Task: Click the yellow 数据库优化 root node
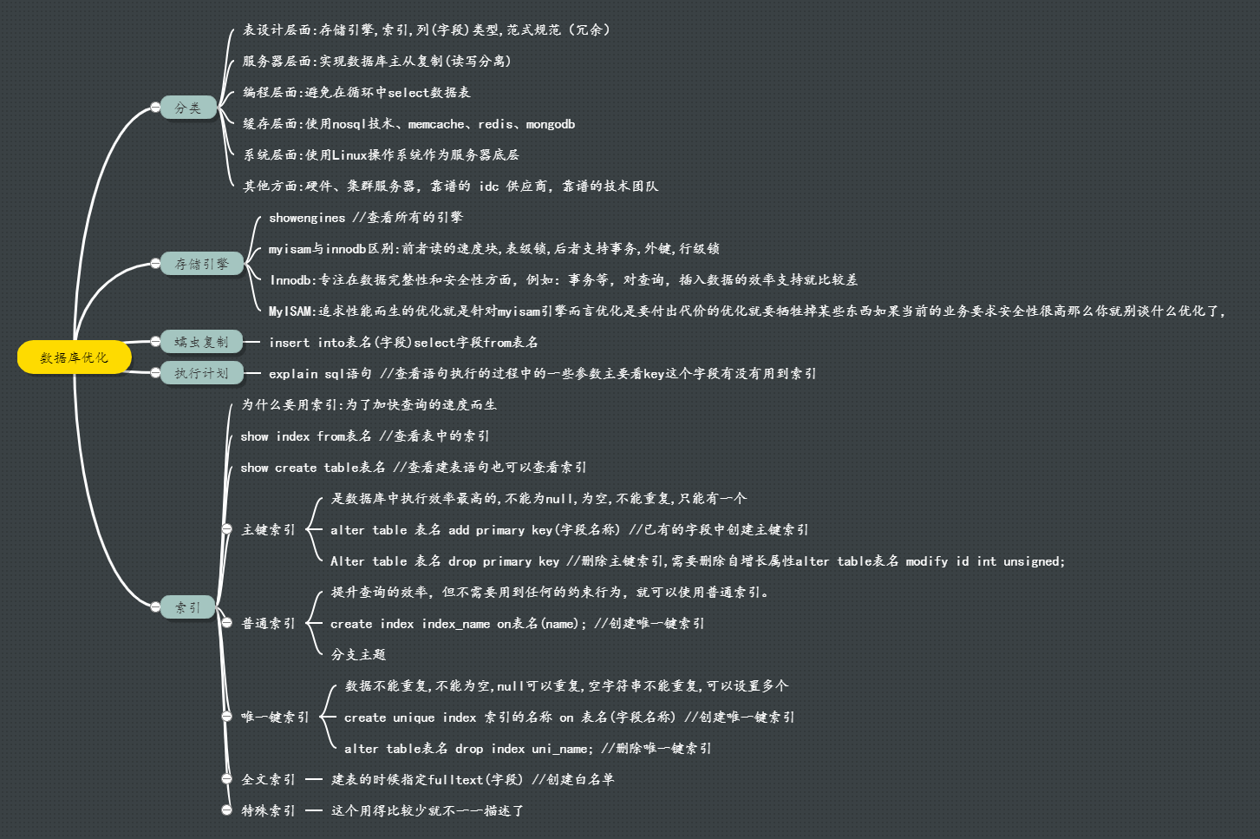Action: [75, 357]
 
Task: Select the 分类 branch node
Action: [188, 108]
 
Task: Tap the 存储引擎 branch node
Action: [202, 264]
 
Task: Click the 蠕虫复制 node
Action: [201, 342]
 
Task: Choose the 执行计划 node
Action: [201, 373]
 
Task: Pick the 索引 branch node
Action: [188, 607]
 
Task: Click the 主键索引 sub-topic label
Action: [268, 529]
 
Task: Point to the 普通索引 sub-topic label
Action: [268, 623]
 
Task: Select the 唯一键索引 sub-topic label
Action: [275, 717]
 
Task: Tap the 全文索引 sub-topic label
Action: [268, 779]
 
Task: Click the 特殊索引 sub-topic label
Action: [268, 810]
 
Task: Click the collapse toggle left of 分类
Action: [155, 108]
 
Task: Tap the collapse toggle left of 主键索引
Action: [226, 529]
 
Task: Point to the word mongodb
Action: [551, 124]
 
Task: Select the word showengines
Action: [307, 218]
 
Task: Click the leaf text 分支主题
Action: [358, 654]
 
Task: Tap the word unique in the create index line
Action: [414, 718]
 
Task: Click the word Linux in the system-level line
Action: [350, 155]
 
